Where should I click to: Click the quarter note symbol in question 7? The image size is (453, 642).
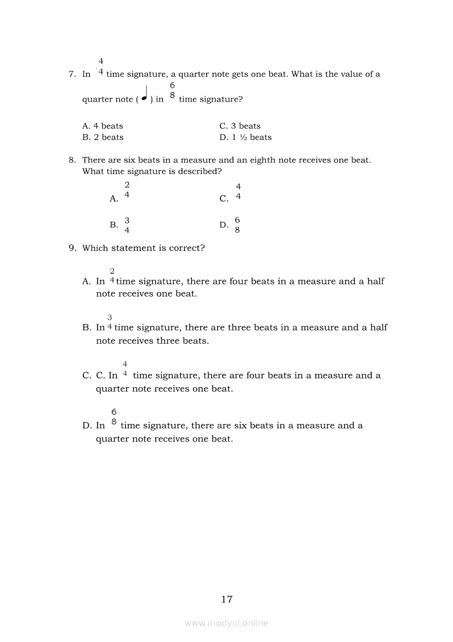pyautogui.click(x=144, y=94)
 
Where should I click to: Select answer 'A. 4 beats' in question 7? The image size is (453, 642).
pyautogui.click(x=103, y=126)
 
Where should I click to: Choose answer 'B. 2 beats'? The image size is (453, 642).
pyautogui.click(x=103, y=137)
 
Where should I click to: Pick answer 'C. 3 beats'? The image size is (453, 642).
pyautogui.click(x=240, y=126)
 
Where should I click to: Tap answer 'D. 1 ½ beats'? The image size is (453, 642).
pyautogui.click(x=245, y=137)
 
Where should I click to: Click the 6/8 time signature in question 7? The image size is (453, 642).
pyautogui.click(x=172, y=90)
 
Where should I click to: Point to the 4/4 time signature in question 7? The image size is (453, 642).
pyautogui.click(x=101, y=66)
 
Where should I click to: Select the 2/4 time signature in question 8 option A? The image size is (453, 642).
pyautogui.click(x=127, y=189)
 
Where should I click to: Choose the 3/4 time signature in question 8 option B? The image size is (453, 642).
pyautogui.click(x=127, y=225)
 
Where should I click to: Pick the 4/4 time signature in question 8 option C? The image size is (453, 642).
pyautogui.click(x=238, y=192)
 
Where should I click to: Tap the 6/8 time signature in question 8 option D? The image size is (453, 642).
pyautogui.click(x=237, y=225)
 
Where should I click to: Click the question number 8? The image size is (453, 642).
pyautogui.click(x=72, y=160)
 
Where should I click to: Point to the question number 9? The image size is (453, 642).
pyautogui.click(x=72, y=248)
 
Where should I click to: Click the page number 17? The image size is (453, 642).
pyautogui.click(x=227, y=599)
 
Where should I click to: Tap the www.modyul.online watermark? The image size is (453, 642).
pyautogui.click(x=226, y=623)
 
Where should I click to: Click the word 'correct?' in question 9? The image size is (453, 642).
pyautogui.click(x=187, y=248)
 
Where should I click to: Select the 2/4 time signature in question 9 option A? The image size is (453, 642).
pyautogui.click(x=112, y=276)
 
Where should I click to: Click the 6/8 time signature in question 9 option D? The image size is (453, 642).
pyautogui.click(x=114, y=417)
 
